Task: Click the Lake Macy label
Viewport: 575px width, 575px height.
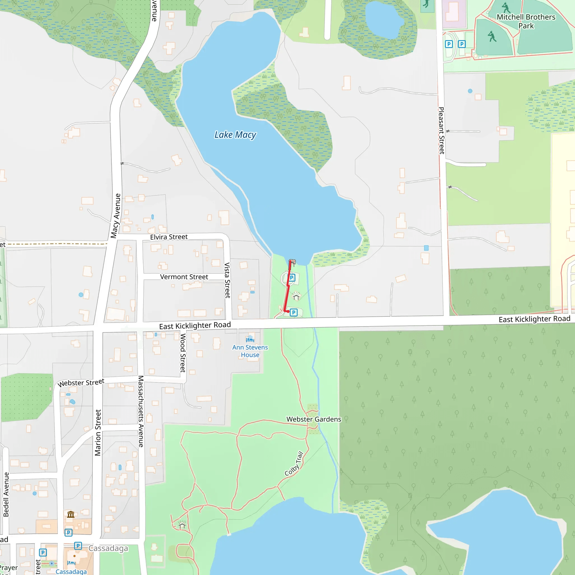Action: (x=235, y=135)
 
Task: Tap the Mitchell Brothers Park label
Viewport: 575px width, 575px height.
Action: (x=526, y=21)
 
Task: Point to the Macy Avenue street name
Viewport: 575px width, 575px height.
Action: (x=115, y=216)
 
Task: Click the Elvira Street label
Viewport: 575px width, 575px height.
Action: (x=169, y=237)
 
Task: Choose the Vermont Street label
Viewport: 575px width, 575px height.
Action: (x=184, y=277)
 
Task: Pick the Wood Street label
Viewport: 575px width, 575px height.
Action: (x=183, y=353)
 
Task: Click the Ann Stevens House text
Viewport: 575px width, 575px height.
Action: (x=250, y=351)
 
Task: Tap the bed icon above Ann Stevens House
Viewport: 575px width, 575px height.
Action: (x=250, y=339)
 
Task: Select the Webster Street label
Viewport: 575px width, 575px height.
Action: (x=81, y=383)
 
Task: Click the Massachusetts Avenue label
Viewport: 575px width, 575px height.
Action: (x=141, y=411)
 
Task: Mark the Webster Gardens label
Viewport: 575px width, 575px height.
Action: (x=314, y=419)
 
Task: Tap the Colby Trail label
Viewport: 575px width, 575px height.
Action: (x=294, y=464)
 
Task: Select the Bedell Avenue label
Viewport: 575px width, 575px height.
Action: (x=6, y=494)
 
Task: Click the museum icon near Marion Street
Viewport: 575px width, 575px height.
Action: (x=70, y=514)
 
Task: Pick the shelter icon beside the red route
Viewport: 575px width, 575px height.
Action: (x=296, y=296)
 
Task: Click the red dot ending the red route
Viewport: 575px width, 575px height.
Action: (x=288, y=311)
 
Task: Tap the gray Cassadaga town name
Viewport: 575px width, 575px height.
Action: (x=108, y=548)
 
